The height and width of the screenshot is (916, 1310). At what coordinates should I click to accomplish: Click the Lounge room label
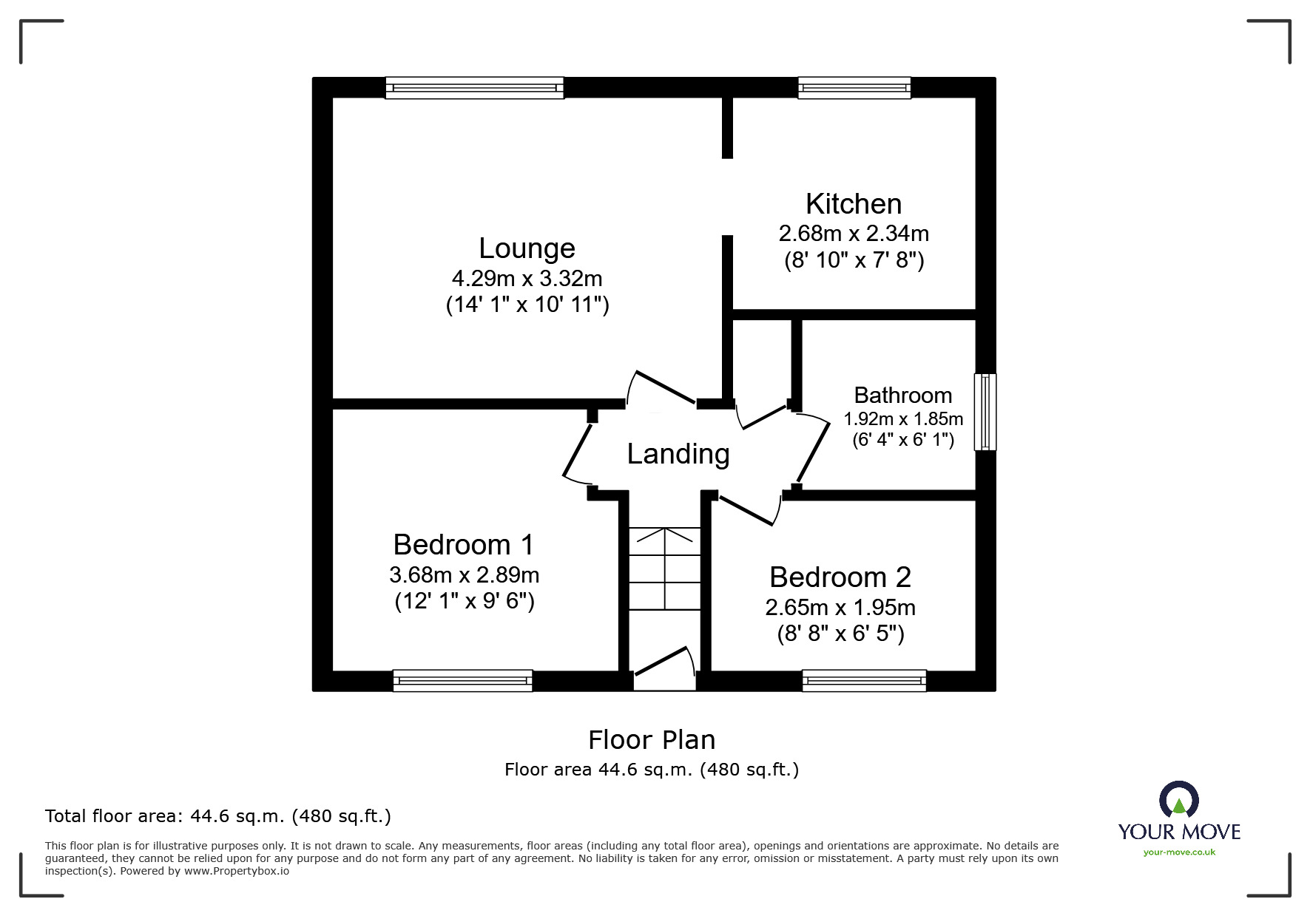coord(527,248)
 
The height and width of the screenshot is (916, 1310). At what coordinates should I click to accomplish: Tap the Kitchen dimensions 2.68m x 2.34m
coord(853,234)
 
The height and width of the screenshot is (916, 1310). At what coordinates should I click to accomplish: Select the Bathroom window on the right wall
coord(985,412)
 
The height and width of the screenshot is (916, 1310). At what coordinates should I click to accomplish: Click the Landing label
coord(678,454)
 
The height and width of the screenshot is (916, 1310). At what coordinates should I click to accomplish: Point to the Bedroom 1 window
coord(462,680)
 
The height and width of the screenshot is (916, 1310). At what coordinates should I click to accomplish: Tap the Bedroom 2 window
coord(864,680)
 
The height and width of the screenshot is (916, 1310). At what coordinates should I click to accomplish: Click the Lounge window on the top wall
coord(474,88)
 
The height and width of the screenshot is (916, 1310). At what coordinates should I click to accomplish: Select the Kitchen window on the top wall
coord(854,88)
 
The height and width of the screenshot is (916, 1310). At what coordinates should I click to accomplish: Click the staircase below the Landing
coord(664,568)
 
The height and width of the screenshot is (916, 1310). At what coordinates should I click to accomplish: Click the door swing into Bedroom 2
coord(749,509)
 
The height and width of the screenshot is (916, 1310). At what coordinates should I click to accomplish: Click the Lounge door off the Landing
coord(661,387)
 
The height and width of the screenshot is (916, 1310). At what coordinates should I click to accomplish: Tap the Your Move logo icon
coord(1178,800)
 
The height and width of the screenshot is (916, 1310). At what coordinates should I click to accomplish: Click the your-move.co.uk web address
coord(1179,852)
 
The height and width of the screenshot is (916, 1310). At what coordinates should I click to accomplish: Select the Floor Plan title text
coord(651,740)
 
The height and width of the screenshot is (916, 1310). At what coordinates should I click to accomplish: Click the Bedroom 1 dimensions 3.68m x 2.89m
coord(464,575)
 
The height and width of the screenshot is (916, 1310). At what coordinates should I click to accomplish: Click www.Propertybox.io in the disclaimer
coord(236,871)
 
